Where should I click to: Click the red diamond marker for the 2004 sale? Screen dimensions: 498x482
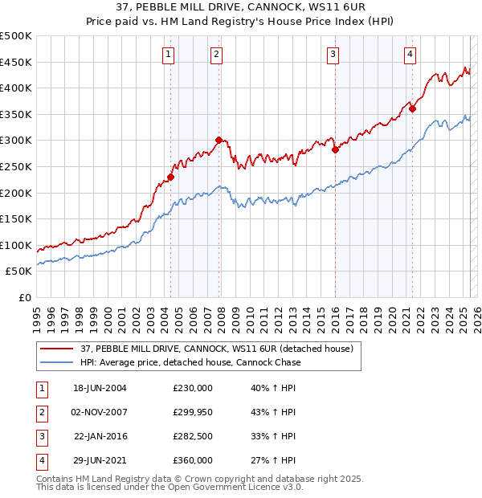click(170, 178)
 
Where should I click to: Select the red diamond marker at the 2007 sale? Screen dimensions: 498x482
click(219, 141)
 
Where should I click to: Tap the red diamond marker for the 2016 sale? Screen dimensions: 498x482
click(335, 149)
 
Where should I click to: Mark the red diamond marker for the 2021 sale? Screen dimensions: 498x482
click(412, 109)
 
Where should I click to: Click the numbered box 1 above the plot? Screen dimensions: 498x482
click(169, 55)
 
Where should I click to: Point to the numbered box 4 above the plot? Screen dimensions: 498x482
click(410, 55)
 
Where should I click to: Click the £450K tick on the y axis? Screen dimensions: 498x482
click(16, 62)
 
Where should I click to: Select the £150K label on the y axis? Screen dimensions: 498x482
click(16, 218)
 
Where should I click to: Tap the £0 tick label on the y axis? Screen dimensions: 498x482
click(24, 297)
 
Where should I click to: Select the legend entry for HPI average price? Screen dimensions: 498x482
click(191, 362)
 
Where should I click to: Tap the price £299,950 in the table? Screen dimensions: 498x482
click(193, 412)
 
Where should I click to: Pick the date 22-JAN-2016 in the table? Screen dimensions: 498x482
click(101, 436)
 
